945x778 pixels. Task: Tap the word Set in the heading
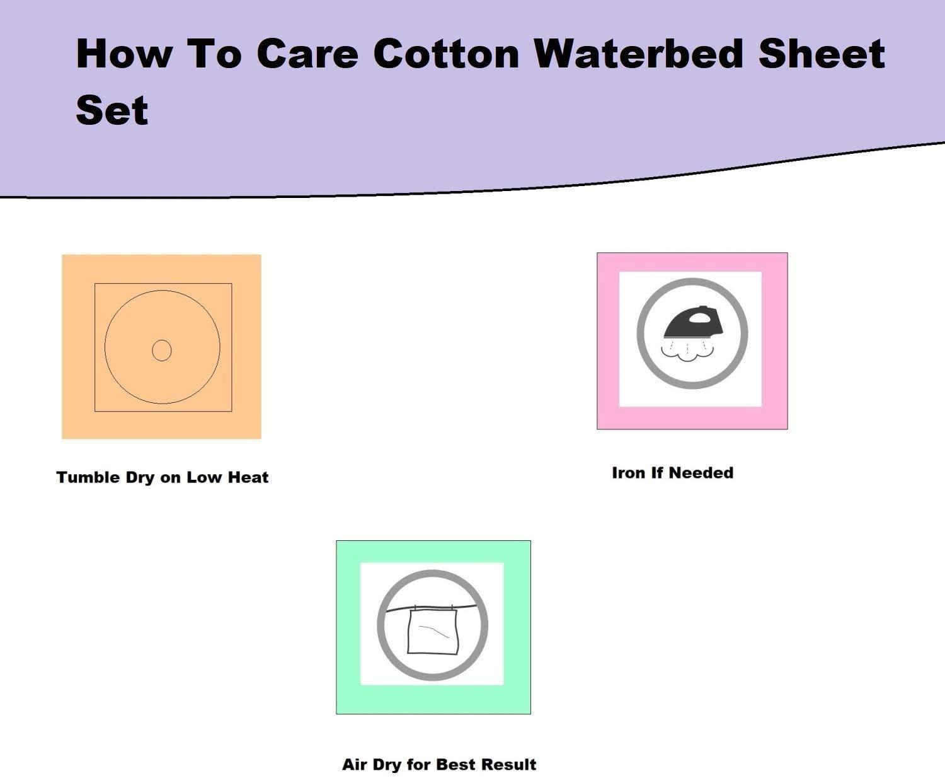pos(112,110)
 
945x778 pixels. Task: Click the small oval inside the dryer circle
pos(162,350)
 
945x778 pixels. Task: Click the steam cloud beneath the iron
pos(691,357)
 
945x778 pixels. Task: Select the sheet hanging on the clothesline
pos(433,631)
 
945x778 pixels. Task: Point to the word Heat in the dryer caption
pos(248,477)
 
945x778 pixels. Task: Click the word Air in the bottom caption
pos(355,765)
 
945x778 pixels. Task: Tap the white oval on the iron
pos(698,318)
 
